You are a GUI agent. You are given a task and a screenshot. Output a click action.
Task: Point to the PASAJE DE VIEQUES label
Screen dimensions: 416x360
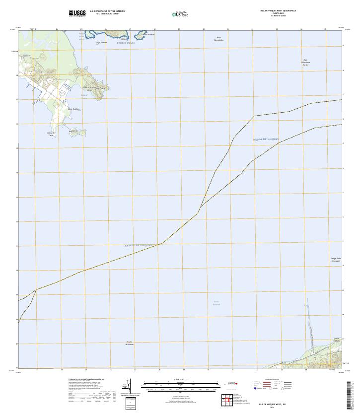pyautogui.click(x=138, y=245)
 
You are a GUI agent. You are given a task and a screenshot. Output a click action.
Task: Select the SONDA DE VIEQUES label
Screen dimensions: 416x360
pyautogui.click(x=266, y=140)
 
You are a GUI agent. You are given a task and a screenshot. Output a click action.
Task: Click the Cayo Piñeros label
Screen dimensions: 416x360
pyautogui.click(x=102, y=43)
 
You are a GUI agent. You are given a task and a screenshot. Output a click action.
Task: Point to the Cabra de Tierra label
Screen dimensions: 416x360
pyautogui.click(x=51, y=134)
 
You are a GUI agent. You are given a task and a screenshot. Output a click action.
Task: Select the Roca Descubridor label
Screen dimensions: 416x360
pyautogui.click(x=219, y=38)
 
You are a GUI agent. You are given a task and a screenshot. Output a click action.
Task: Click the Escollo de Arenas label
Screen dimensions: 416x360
pyautogui.click(x=130, y=343)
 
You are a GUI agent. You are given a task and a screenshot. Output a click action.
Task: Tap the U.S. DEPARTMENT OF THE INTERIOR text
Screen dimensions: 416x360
pyautogui.click(x=110, y=10)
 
